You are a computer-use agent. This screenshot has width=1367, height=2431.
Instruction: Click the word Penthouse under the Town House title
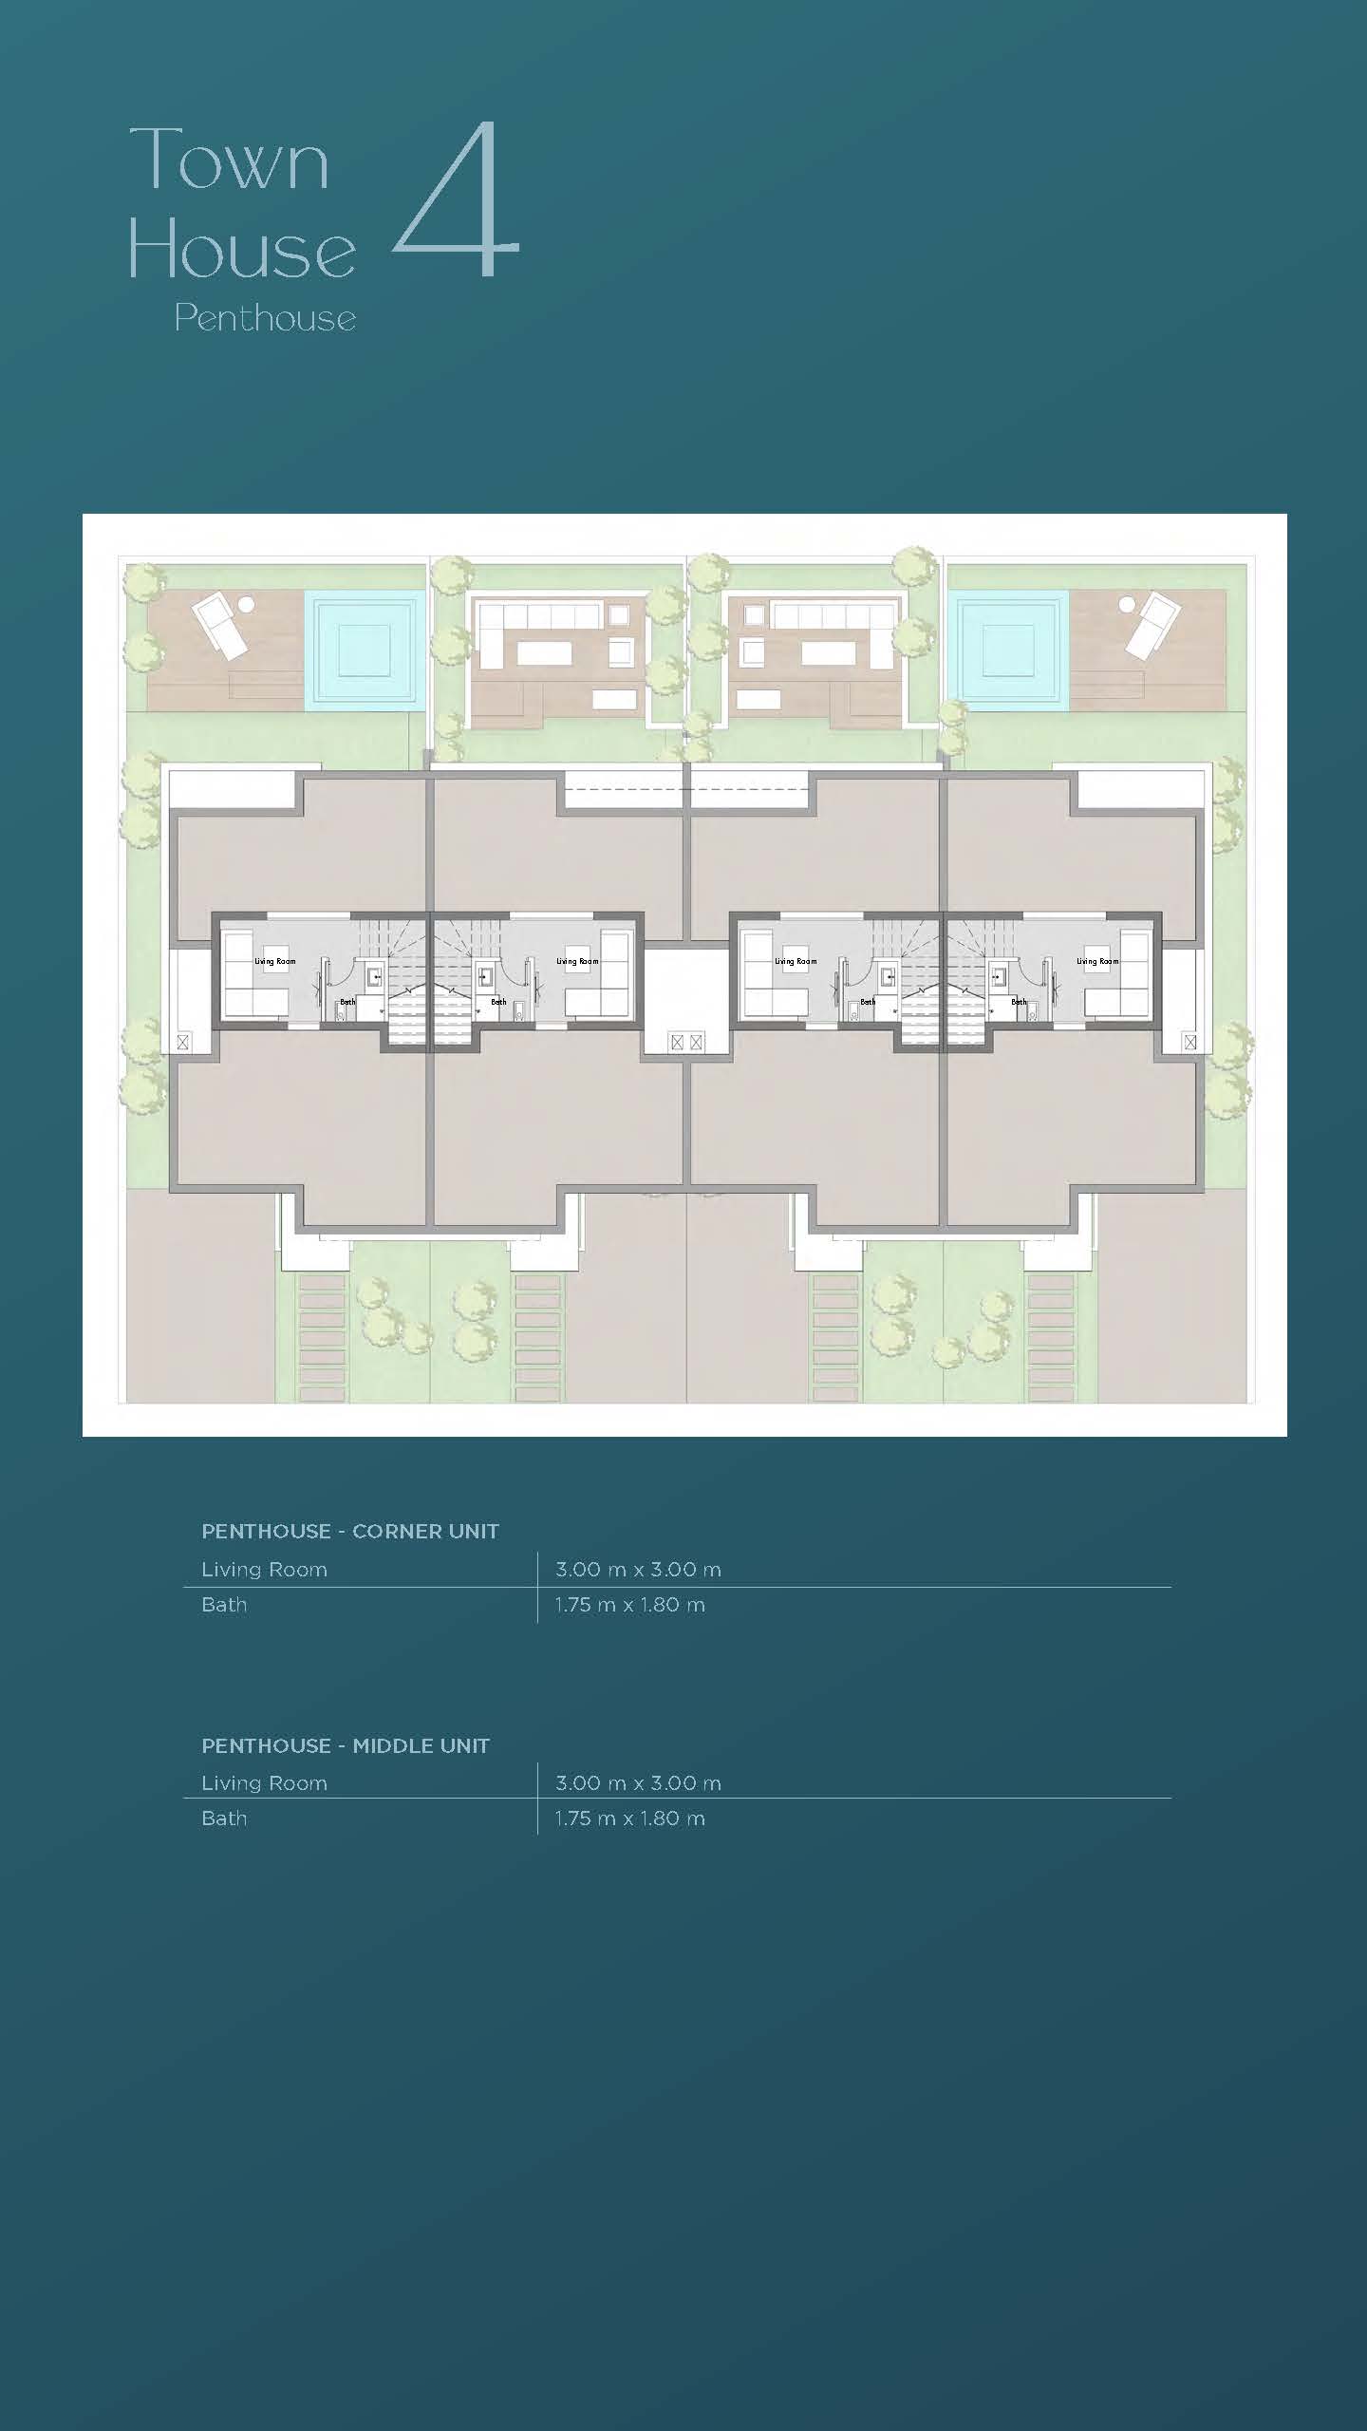pyautogui.click(x=265, y=317)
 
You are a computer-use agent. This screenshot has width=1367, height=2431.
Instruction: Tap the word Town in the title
pyautogui.click(x=230, y=159)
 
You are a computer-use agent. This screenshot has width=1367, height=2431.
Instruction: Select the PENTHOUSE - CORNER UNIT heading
pyautogui.click(x=350, y=1531)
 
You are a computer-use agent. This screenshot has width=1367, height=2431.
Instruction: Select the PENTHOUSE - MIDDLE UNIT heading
pyautogui.click(x=346, y=1745)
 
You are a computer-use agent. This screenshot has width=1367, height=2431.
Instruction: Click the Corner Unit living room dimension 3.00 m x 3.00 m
pyautogui.click(x=638, y=1570)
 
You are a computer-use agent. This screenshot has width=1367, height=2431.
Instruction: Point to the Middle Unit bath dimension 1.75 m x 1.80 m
pyautogui.click(x=630, y=1819)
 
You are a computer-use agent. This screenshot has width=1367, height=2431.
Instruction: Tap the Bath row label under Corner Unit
pyautogui.click(x=224, y=1605)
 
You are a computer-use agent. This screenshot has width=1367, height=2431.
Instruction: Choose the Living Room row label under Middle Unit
pyautogui.click(x=264, y=1783)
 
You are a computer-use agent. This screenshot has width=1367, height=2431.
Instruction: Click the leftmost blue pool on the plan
pyautogui.click(x=364, y=650)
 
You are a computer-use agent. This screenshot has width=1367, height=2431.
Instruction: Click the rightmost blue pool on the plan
pyautogui.click(x=1008, y=650)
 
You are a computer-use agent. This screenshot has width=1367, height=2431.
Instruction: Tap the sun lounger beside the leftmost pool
pyautogui.click(x=220, y=624)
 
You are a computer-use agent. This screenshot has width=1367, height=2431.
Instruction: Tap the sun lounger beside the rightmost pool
pyautogui.click(x=1151, y=624)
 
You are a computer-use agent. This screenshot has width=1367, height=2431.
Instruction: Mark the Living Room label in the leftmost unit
pyautogui.click(x=274, y=961)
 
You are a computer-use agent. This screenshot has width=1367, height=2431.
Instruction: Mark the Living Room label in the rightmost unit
pyautogui.click(x=1097, y=961)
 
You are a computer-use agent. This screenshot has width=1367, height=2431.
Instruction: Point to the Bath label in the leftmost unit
pyautogui.click(x=347, y=1002)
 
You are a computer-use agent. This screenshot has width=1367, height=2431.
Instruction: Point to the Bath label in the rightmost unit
pyautogui.click(x=1019, y=1002)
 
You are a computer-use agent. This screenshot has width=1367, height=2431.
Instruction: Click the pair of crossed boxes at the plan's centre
pyautogui.click(x=686, y=1042)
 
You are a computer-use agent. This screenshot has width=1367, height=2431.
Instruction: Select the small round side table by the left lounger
pyautogui.click(x=246, y=603)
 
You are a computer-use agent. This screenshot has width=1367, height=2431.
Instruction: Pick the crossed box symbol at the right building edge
pyautogui.click(x=1190, y=1042)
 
